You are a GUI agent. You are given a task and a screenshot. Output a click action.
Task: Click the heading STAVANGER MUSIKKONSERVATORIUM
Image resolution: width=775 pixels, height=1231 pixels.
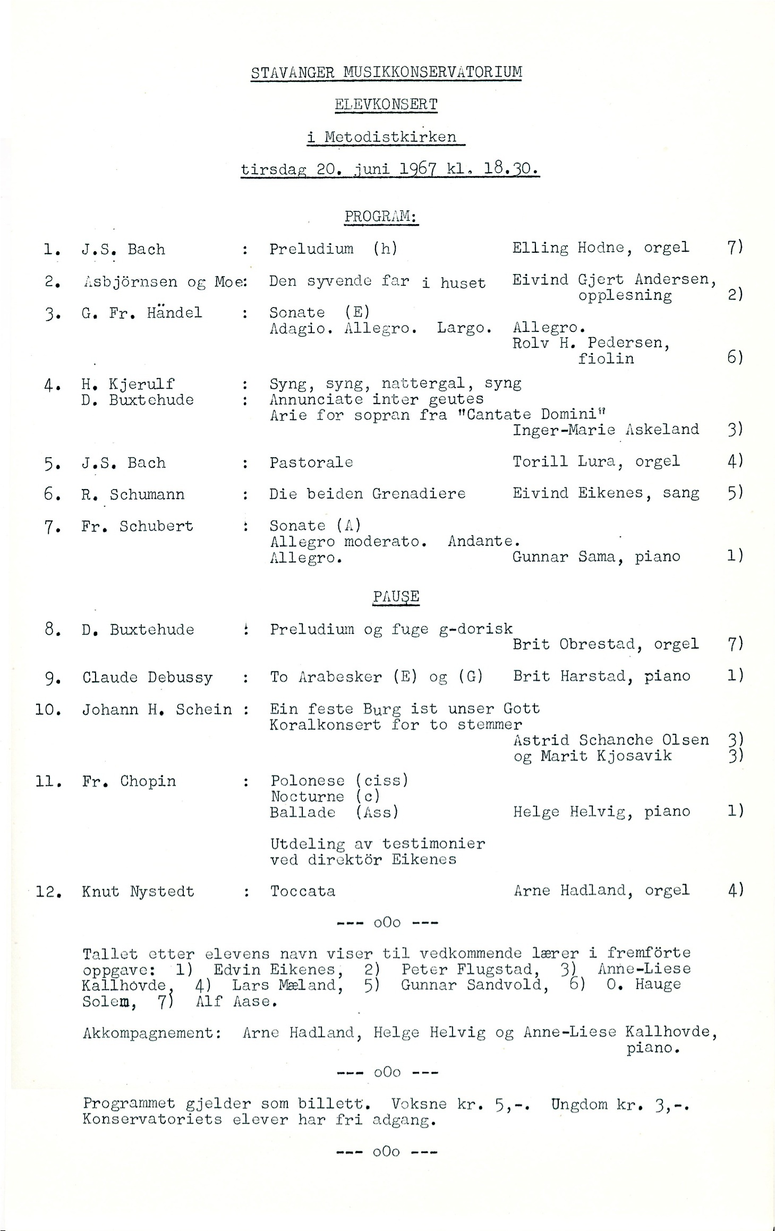(x=386, y=72)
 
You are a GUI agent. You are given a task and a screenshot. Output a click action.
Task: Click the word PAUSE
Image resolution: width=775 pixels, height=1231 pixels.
(x=396, y=596)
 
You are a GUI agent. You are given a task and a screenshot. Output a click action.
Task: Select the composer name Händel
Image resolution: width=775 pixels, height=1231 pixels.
(x=175, y=312)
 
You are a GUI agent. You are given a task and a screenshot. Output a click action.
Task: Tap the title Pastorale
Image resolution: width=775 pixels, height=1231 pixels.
(x=311, y=462)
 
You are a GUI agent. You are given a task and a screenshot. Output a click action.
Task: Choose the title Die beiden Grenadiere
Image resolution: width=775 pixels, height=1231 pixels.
(x=367, y=494)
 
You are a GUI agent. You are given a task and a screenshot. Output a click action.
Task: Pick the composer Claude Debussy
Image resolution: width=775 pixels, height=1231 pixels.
(x=147, y=678)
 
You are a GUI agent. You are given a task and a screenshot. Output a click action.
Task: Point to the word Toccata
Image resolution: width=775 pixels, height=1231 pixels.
(x=303, y=891)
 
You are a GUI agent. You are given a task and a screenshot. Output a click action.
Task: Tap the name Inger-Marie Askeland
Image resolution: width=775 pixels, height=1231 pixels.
(x=606, y=429)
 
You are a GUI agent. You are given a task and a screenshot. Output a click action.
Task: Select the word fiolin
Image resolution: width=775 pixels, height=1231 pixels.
(x=606, y=358)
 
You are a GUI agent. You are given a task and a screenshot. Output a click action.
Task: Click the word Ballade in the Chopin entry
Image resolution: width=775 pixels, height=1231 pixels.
(x=303, y=812)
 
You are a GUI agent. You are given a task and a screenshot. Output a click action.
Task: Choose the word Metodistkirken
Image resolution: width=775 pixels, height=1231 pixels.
(x=390, y=136)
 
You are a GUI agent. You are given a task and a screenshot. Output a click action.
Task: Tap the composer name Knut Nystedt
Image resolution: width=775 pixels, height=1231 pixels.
(x=138, y=892)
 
